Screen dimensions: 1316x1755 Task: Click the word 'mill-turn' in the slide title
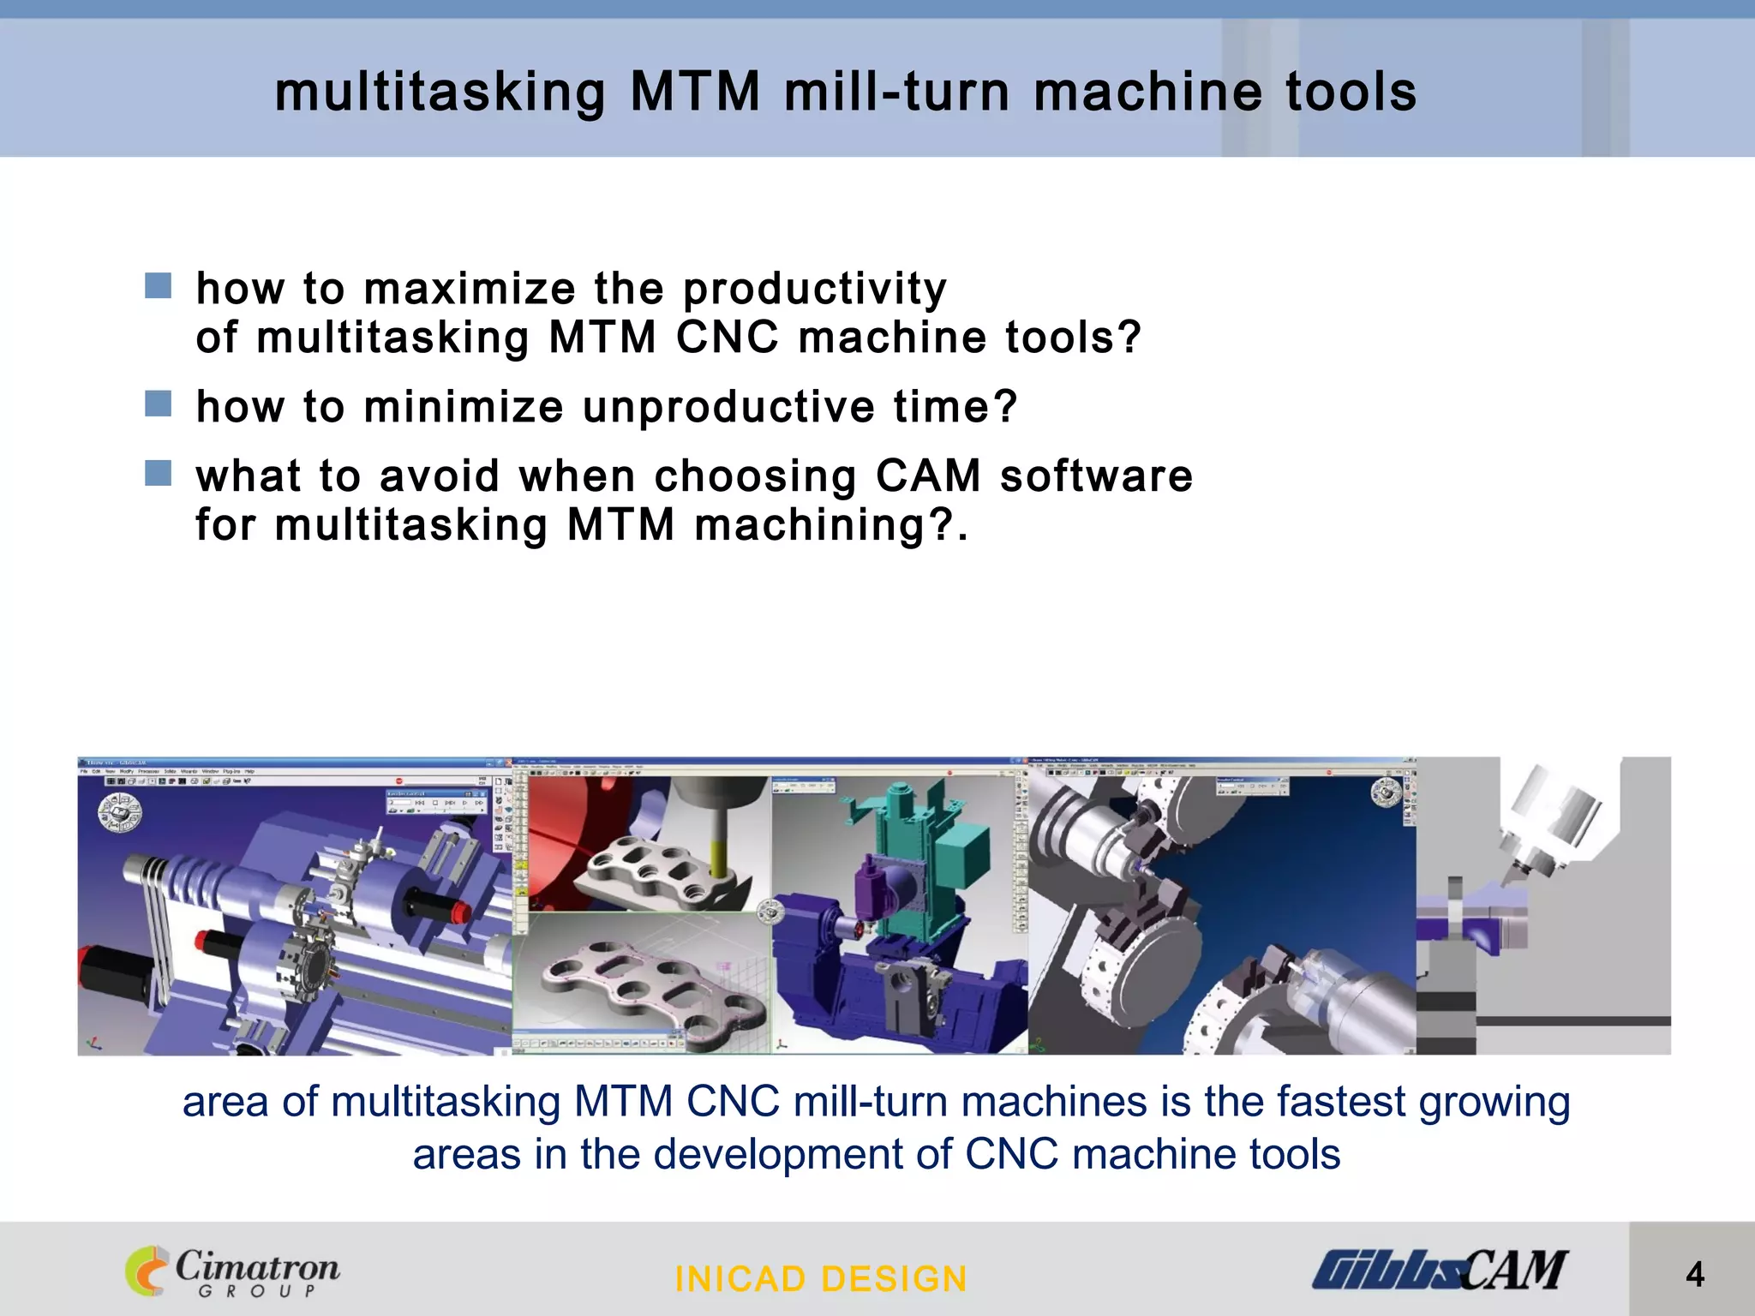[x=896, y=92]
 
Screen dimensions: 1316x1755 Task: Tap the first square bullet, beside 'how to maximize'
[x=159, y=286]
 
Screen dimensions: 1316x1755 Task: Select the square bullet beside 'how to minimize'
[x=159, y=404]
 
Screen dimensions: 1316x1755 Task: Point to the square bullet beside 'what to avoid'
[x=159, y=473]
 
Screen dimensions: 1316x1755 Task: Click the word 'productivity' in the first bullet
[x=815, y=289]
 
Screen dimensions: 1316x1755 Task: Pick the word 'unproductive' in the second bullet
[x=728, y=406]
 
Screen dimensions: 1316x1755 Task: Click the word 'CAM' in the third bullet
[x=928, y=476]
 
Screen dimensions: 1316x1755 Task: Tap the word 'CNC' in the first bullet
[x=728, y=337]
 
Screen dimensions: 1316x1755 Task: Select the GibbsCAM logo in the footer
[x=1439, y=1270]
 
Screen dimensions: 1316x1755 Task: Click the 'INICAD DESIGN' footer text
[x=821, y=1279]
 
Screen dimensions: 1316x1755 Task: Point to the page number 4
[x=1694, y=1275]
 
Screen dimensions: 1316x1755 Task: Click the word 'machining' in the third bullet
[x=811, y=525]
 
